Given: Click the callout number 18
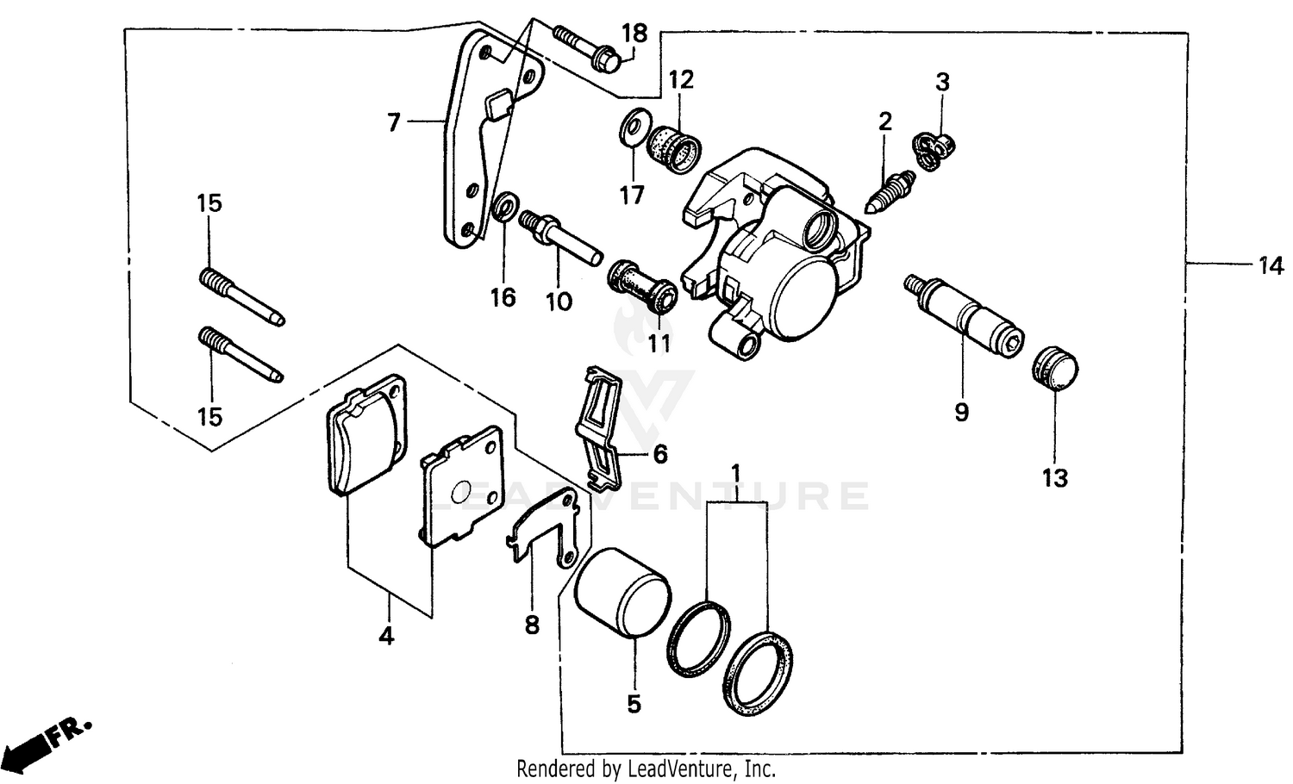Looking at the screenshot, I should coord(634,34).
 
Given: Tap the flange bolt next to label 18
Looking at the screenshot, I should coord(587,48).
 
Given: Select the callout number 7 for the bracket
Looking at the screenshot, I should coord(393,123).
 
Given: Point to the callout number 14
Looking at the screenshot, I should coord(1270,266).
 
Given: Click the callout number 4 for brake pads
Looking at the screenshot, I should coord(386,637).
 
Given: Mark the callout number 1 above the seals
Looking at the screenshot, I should coord(736,474).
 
